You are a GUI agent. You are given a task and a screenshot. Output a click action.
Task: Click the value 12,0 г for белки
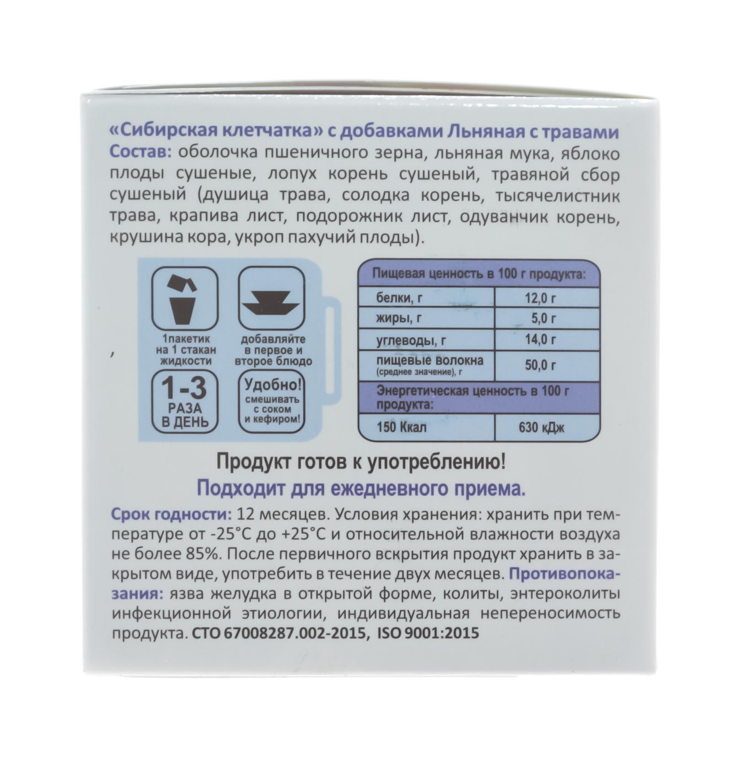(540, 299)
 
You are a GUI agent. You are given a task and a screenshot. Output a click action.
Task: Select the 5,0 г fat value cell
(544, 318)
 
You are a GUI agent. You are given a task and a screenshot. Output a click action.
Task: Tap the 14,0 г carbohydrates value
(540, 340)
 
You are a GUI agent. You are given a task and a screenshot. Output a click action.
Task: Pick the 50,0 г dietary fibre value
(540, 365)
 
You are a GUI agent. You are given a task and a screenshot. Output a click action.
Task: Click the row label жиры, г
(399, 318)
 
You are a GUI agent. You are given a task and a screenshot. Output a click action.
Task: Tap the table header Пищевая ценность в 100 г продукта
(478, 274)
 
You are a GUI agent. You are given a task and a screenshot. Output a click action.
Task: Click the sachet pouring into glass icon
(185, 299)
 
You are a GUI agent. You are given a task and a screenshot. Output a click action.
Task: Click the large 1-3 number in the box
(184, 388)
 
